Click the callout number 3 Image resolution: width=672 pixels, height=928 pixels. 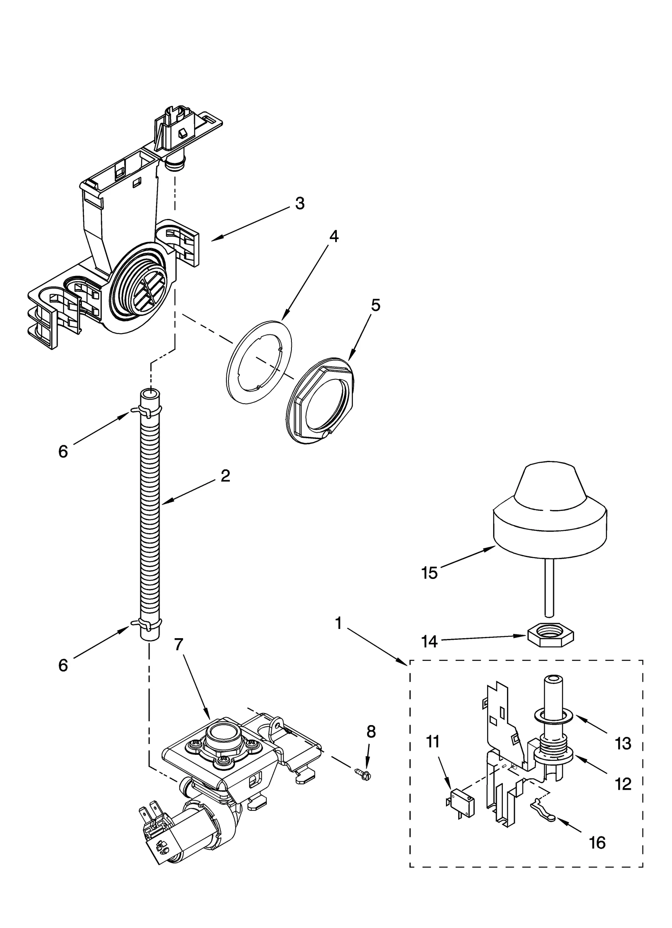click(299, 203)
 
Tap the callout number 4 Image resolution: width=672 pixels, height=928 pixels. click(333, 237)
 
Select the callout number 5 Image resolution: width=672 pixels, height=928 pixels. click(375, 305)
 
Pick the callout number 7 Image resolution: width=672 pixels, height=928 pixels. click(179, 656)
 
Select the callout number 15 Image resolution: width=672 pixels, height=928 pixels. click(430, 573)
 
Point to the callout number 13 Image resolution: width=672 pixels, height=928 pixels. click(622, 744)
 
